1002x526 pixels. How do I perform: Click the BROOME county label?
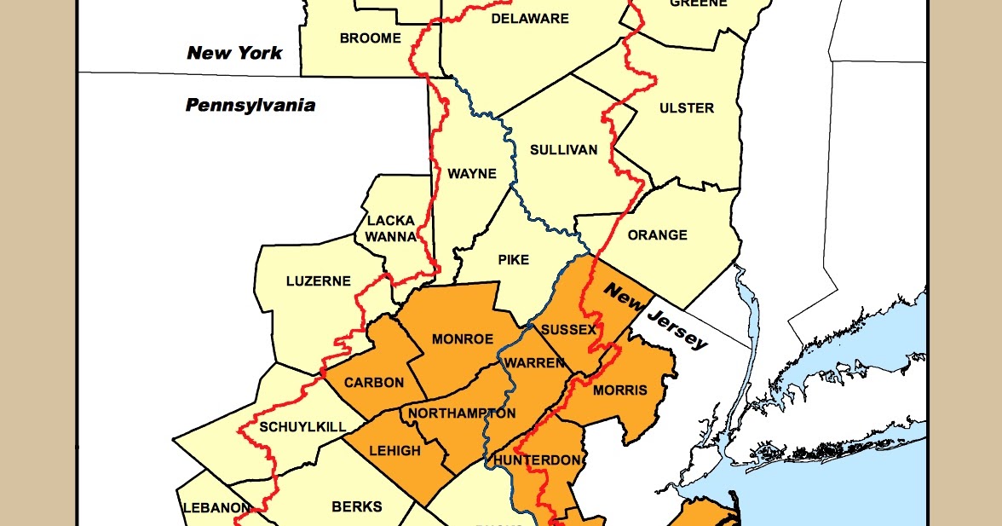coord(370,38)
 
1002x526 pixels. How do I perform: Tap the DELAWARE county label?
coord(529,19)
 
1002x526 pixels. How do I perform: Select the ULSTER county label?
coord(687,108)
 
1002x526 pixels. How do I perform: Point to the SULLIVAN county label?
coord(563,150)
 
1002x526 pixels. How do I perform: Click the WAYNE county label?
coord(472,174)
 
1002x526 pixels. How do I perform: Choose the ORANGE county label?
coord(657,235)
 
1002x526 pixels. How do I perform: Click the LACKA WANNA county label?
coord(391,228)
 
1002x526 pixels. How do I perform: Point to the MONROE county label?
coord(463,338)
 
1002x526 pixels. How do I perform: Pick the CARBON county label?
coord(374,383)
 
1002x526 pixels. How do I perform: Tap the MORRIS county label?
coord(619,390)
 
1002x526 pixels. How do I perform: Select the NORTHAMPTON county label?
coord(462,413)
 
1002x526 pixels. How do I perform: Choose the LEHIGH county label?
coord(395,450)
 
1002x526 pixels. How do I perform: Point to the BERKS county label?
coord(356,506)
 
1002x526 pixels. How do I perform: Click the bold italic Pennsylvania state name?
coord(250,106)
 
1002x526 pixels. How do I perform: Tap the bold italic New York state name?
coord(234,53)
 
